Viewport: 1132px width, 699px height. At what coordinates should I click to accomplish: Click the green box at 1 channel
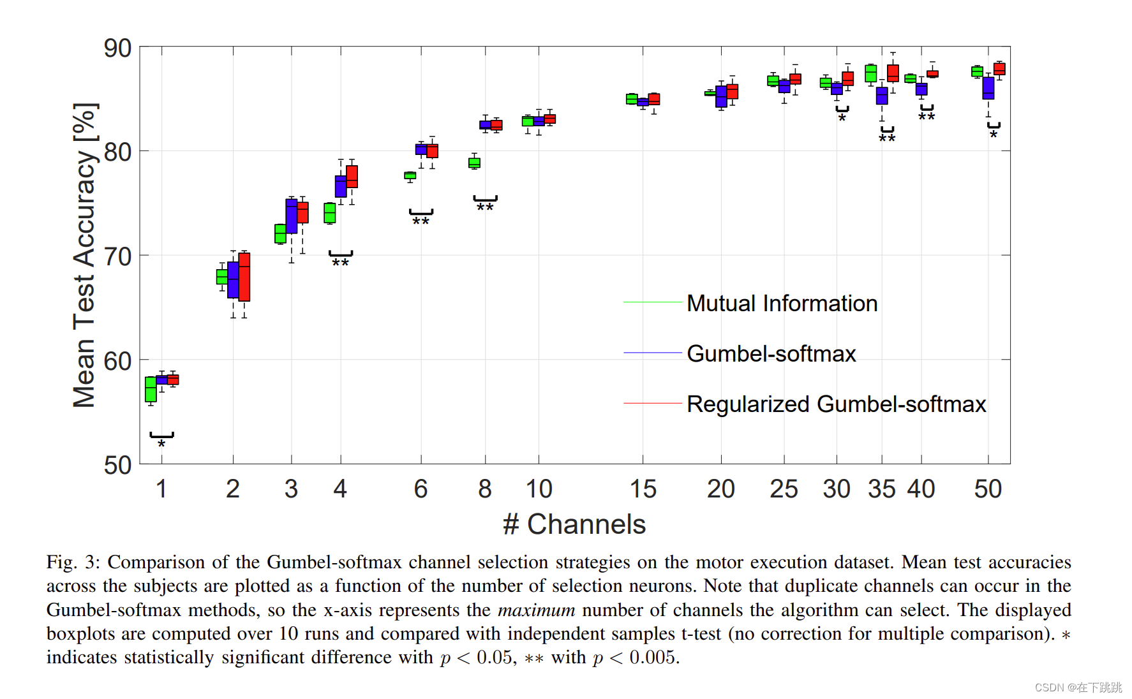coord(151,389)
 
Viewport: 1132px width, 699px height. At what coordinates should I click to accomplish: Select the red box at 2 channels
coord(244,277)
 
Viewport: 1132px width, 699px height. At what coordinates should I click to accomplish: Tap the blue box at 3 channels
coord(291,216)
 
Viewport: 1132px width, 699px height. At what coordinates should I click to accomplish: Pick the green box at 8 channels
coord(474,163)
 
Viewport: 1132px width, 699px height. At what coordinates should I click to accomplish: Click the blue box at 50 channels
coord(988,88)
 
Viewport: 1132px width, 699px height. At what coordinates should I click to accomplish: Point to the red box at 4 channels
coord(352,177)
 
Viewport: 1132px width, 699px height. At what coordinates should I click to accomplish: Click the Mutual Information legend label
coord(782,303)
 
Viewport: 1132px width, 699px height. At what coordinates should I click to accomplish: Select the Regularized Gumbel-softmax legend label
coord(836,404)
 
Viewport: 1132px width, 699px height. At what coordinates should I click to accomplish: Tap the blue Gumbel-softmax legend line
coord(652,353)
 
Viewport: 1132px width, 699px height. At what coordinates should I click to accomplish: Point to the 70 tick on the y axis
coord(118,256)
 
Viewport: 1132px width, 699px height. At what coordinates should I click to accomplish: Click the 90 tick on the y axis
coord(118,48)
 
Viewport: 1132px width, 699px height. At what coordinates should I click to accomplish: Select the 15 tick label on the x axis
coord(643,489)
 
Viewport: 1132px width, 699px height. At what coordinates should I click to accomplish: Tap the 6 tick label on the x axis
coord(421,489)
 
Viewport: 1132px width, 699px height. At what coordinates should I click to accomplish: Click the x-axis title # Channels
coord(574,524)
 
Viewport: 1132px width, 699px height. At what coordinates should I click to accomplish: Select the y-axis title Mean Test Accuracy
coord(84,255)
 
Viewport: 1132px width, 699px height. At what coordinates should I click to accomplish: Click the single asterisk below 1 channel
coord(161,444)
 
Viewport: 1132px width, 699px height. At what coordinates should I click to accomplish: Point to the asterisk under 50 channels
coord(994,135)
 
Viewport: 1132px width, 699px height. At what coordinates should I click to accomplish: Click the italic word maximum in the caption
coord(536,610)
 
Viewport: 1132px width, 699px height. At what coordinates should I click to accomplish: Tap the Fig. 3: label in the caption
coord(73,563)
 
